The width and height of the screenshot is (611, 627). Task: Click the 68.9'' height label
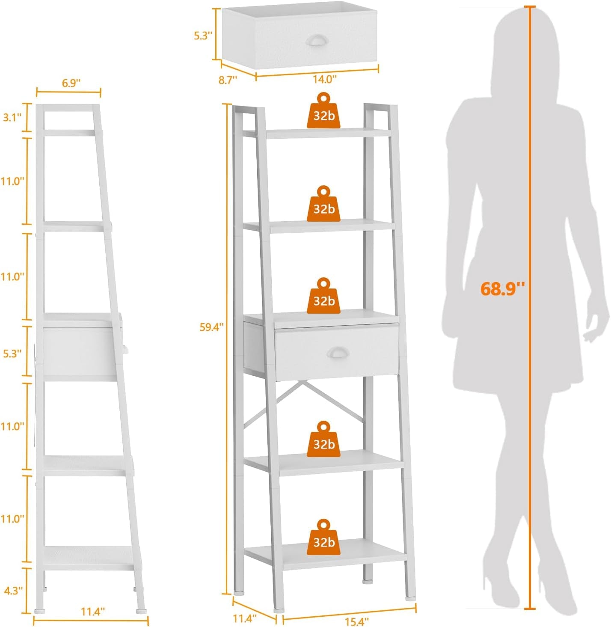[x=502, y=289]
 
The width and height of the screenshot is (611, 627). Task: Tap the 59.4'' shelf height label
[x=211, y=327]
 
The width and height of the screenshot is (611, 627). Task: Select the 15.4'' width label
[x=356, y=621]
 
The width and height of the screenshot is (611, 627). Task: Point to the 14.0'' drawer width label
[x=324, y=79]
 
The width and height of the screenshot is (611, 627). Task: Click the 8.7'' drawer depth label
[x=228, y=80]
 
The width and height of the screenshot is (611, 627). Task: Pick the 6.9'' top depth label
[x=71, y=83]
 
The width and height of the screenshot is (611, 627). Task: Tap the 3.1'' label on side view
[x=12, y=117]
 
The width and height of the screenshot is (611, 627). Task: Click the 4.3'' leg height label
[x=13, y=591]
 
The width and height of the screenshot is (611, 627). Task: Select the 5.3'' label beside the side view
[x=12, y=354]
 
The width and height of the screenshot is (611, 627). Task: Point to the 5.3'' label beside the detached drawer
[x=203, y=36]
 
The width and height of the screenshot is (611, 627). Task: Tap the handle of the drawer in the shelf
[x=338, y=352]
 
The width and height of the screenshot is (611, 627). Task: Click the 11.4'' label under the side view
[x=92, y=612]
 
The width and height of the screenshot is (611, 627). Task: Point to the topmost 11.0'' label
[x=12, y=181]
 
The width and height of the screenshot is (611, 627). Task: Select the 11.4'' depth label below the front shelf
[x=245, y=618]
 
